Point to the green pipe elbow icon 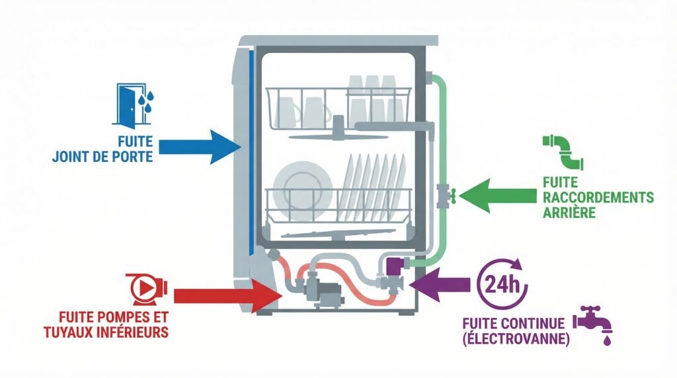click(561, 153)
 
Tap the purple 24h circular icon click(502, 284)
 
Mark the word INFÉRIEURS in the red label click(127, 331)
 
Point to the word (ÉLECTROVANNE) click(515, 339)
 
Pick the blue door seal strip click(249, 152)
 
